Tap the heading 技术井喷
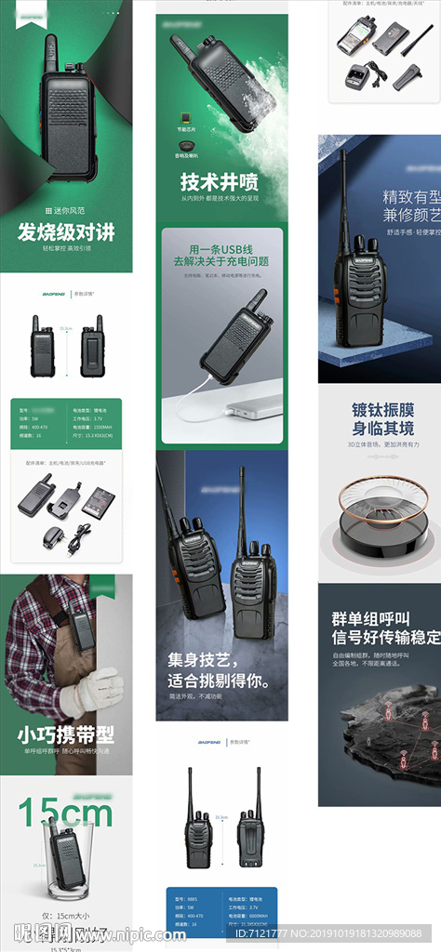tap(220, 180)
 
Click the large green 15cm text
tap(65, 813)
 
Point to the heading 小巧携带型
tap(65, 734)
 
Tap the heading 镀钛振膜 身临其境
tap(382, 418)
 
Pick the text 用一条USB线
tap(220, 249)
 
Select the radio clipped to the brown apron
tap(82, 629)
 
